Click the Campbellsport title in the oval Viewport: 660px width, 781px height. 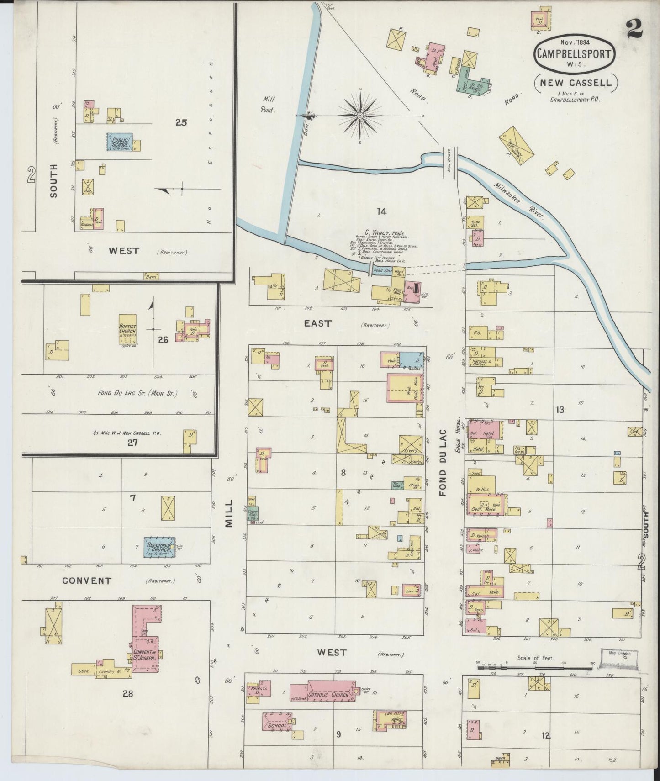[x=575, y=53]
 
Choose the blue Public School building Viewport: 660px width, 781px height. [x=120, y=142]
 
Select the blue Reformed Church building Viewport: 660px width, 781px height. [x=160, y=547]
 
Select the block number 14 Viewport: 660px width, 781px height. [x=381, y=211]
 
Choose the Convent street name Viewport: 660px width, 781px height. [x=86, y=581]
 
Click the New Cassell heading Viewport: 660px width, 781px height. [x=575, y=83]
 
